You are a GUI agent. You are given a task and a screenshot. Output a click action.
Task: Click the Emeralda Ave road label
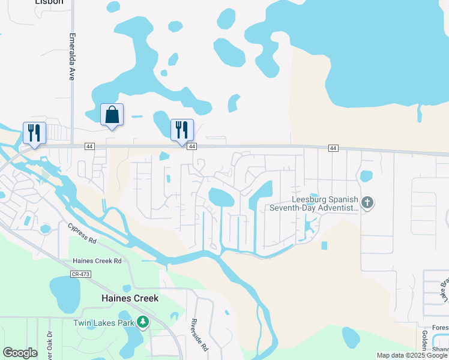[71, 57]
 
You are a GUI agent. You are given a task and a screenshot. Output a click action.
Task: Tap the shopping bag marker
[112, 114]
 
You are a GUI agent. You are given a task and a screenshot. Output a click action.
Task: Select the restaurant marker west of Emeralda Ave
[34, 133]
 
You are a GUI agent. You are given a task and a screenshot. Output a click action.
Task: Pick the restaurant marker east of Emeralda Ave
[181, 129]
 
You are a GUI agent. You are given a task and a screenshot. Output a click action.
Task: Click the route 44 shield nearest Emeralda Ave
[89, 146]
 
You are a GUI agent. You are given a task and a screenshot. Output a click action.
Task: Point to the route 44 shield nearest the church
[333, 148]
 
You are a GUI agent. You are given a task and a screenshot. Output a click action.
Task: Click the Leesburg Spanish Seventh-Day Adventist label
[324, 203]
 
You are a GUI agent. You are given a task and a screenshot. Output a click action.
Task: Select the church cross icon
[368, 203]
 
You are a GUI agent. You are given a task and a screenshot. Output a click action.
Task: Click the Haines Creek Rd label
[97, 261]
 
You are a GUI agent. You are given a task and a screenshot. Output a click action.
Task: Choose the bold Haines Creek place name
[129, 298]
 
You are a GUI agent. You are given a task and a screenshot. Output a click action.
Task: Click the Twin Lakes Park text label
[103, 323]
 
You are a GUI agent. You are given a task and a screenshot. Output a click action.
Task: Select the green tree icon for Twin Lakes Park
[143, 322]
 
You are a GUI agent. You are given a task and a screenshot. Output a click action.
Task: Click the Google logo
[20, 353]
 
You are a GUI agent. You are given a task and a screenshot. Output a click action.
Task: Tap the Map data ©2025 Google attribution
[412, 355]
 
